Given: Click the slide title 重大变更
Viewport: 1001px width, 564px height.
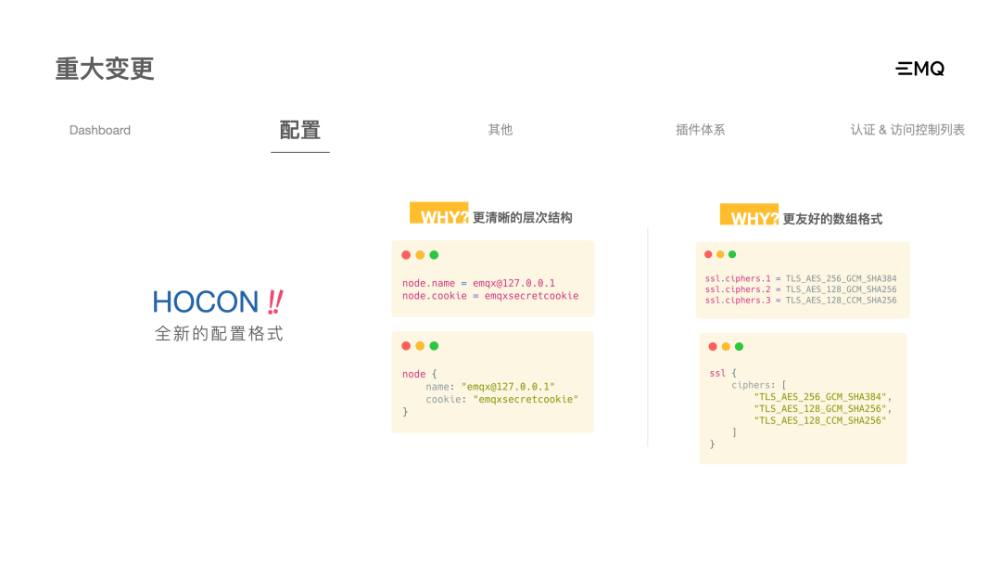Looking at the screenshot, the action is click(x=105, y=69).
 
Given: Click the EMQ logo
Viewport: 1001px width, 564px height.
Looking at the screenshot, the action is click(x=919, y=69).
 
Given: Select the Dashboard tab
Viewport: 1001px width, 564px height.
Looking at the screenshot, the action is click(x=100, y=131).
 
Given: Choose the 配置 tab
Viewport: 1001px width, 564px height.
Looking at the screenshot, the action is click(x=300, y=131).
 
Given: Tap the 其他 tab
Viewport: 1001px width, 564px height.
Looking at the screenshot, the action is click(x=500, y=130).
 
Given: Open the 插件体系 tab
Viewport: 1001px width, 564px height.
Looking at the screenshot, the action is click(x=701, y=130).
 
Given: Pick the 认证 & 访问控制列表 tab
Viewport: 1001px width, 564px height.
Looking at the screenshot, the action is click(x=907, y=130).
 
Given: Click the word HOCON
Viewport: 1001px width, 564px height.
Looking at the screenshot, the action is click(x=206, y=301).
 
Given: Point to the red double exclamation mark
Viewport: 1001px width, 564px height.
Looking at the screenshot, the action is click(x=274, y=301).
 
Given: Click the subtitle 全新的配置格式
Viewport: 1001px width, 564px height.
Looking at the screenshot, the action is click(x=219, y=334).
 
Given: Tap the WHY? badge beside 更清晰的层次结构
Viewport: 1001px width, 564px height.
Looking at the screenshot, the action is click(x=439, y=216).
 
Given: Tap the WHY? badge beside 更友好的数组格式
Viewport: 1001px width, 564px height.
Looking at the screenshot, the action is click(x=749, y=218).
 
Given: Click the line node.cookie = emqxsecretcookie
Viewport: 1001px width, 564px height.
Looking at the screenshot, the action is click(x=490, y=296).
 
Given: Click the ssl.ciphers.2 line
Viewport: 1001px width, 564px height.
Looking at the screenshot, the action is click(x=801, y=289).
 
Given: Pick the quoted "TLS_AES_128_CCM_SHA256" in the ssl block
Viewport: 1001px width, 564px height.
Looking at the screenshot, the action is click(x=820, y=420).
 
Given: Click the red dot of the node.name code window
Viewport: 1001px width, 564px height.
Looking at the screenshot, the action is click(x=406, y=255).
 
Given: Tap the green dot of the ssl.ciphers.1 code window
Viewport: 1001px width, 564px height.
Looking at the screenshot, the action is click(x=732, y=254).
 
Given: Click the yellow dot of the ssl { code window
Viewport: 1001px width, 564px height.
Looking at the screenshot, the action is click(x=726, y=347).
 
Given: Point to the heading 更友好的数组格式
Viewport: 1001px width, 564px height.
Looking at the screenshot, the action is click(x=832, y=219).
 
